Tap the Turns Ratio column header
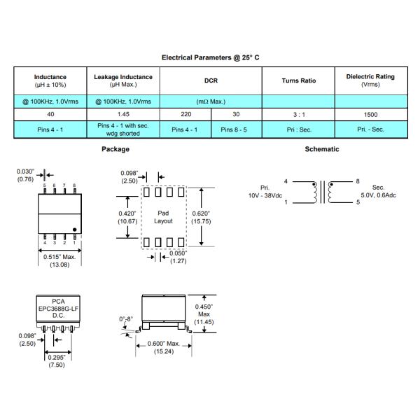(x=299, y=80)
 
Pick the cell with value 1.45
(x=123, y=113)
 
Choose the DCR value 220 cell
(x=185, y=113)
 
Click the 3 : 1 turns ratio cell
(x=299, y=113)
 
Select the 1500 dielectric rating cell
(x=371, y=113)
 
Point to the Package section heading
(x=115, y=149)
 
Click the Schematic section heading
(x=322, y=149)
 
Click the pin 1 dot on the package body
(x=73, y=228)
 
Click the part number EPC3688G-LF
(x=58, y=308)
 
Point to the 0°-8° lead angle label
(x=126, y=319)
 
